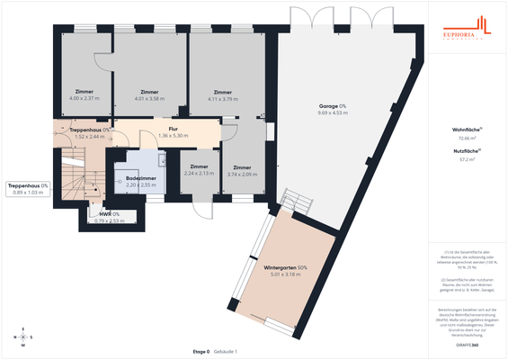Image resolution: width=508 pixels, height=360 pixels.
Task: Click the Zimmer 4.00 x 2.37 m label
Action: [85, 94]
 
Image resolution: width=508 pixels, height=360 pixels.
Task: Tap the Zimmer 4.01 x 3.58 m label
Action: [149, 94]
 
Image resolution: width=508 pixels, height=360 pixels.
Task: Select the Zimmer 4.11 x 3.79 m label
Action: [223, 94]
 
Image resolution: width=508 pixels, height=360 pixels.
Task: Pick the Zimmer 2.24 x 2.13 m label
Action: [200, 170]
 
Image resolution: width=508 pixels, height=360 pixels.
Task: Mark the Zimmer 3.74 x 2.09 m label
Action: [242, 171]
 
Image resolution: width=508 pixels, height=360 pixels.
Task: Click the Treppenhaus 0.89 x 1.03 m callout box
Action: [28, 189]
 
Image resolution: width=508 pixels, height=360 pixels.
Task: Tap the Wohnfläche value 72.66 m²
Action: [465, 139]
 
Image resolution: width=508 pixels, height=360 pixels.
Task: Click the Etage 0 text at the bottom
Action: [201, 351]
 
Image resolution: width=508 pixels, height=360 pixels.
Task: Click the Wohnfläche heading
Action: [465, 130]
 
